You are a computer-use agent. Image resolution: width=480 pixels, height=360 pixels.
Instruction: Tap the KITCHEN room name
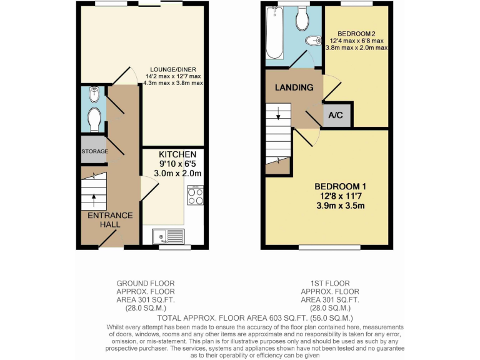(177, 154)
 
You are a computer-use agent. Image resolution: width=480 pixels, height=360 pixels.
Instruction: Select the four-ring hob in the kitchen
(194, 196)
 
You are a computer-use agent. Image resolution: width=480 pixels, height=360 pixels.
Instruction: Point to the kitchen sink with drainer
(167, 237)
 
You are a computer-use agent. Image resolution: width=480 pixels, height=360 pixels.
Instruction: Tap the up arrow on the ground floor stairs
(94, 199)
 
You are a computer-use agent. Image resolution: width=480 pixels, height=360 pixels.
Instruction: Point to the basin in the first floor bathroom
(312, 41)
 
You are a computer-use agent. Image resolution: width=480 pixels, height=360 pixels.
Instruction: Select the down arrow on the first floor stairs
(277, 117)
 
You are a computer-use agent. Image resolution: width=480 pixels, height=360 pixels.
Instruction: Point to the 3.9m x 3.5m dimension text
(339, 206)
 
